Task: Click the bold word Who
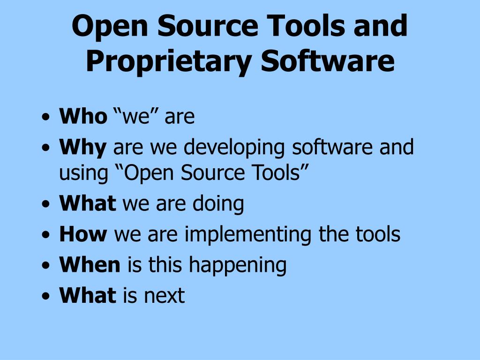(83, 117)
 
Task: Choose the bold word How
(83, 234)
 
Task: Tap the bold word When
(90, 265)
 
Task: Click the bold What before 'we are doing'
(87, 203)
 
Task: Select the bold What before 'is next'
(87, 295)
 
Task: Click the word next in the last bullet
(164, 296)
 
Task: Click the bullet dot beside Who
(45, 118)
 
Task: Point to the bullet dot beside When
(45, 266)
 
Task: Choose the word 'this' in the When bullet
(166, 265)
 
